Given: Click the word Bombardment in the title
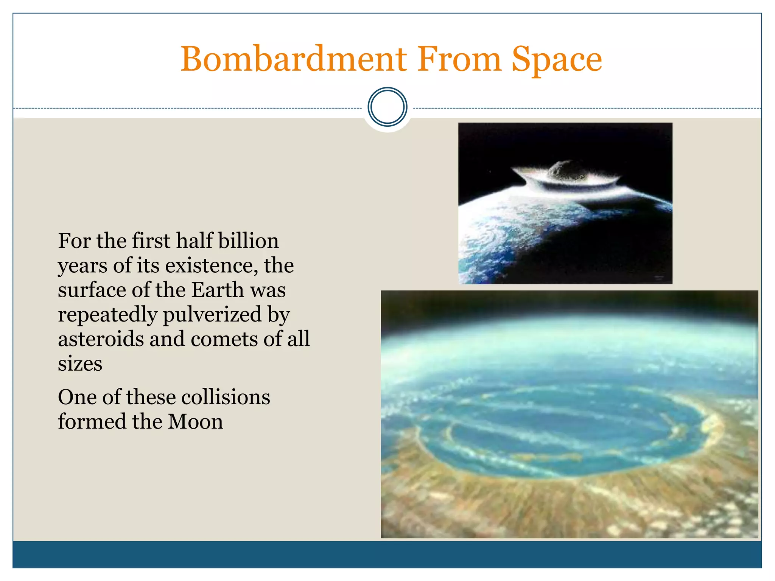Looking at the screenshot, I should pos(293,60).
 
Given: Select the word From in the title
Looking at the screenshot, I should pos(459,60).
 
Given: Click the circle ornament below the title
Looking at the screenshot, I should pos(387,107).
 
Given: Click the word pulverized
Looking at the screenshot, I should pos(212,315).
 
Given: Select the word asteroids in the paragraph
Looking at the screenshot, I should pos(101,339).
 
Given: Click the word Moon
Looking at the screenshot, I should pos(195,422).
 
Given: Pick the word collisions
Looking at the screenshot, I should pos(226,397).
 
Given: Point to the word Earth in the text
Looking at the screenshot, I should pos(217,290).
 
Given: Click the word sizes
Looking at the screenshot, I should pos(80,364).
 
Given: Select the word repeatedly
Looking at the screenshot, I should pos(107,315).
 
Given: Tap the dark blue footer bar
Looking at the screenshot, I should pos(387,554).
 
